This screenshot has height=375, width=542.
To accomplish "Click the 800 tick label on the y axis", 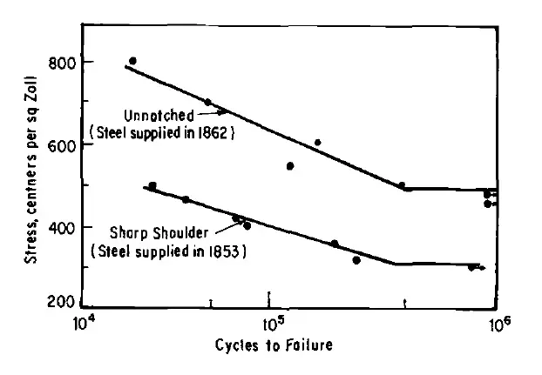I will click(x=58, y=63).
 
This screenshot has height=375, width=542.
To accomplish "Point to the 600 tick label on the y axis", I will click(x=58, y=145).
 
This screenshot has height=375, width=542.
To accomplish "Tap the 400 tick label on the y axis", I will click(x=58, y=227).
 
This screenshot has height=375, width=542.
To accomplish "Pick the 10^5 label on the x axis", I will click(x=272, y=324).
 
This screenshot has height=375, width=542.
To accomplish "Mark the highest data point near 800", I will click(x=132, y=61).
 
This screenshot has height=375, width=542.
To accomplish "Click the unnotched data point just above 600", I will click(x=318, y=143).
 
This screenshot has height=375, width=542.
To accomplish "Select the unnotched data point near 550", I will click(x=290, y=165).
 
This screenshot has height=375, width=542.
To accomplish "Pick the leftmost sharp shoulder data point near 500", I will click(x=152, y=186).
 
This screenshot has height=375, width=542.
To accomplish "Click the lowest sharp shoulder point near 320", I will click(x=356, y=260).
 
